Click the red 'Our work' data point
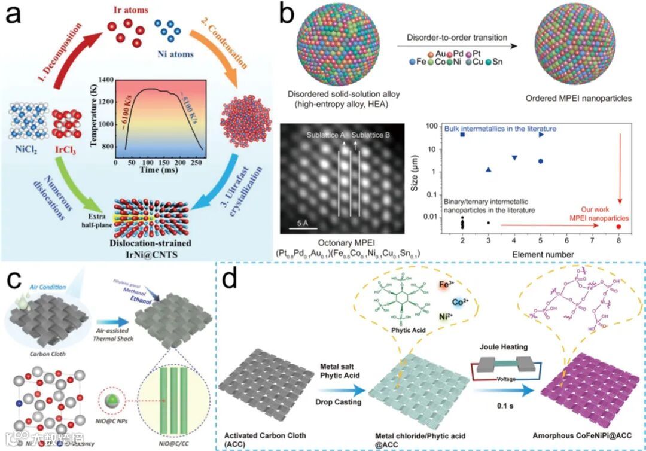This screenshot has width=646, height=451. point(618,227)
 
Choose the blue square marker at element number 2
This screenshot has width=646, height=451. point(462,135)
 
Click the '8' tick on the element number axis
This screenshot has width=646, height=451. point(618,242)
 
